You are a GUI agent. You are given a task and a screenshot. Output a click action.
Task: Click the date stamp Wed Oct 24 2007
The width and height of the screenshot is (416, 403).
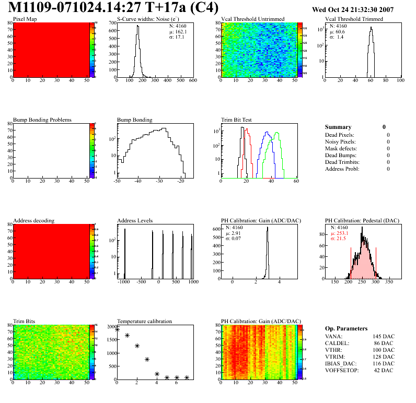coord(352,9)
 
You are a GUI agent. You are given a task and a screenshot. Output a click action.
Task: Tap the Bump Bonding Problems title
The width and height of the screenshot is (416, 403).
coord(42,120)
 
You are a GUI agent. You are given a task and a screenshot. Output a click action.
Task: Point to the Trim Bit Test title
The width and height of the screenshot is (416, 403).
coord(237,120)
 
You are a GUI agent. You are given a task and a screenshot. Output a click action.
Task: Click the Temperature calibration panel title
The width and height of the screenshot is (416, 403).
coord(144,321)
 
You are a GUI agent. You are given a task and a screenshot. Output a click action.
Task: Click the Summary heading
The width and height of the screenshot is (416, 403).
coord(338,127)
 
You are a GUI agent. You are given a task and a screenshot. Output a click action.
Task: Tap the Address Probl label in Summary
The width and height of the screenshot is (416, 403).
coord(342,169)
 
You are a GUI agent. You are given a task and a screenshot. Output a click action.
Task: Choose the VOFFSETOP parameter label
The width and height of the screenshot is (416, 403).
coord(343,370)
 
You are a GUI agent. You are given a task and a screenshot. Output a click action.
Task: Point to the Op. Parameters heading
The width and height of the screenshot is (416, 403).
coord(346,328)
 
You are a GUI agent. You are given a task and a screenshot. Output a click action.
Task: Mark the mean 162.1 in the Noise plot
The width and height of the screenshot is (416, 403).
coord(179,31)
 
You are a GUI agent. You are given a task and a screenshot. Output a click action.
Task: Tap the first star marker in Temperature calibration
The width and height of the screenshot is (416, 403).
coord(117,329)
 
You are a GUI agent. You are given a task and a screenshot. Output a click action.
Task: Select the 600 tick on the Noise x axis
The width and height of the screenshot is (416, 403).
coord(192,81)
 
